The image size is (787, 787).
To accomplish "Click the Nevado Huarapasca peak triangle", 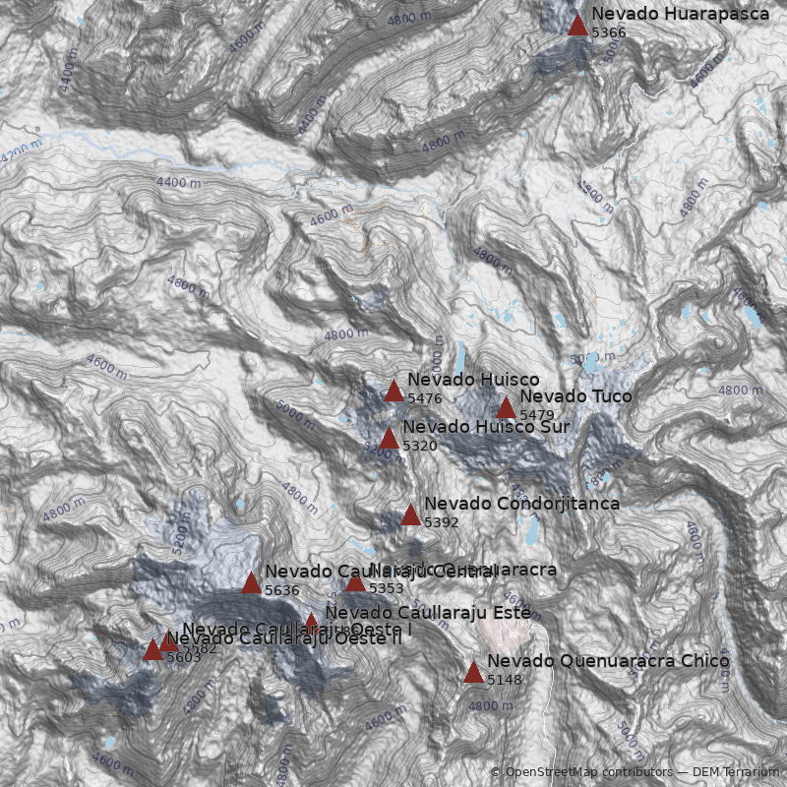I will tap(578, 24).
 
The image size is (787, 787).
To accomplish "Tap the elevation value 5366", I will tap(608, 32).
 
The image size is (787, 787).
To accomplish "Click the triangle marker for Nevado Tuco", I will tap(507, 407).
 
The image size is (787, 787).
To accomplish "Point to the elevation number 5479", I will tap(537, 415).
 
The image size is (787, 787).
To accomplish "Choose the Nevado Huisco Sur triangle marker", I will tap(390, 438).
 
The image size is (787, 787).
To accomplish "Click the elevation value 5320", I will tap(420, 446).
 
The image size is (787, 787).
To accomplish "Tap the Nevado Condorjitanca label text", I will tap(521, 504).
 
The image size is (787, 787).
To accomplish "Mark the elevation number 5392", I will tap(441, 522).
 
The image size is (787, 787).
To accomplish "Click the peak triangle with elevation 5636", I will tap(252, 582).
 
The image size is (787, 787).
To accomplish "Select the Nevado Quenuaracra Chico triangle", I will tap(474, 672).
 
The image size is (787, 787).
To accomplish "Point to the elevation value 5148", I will tap(504, 680).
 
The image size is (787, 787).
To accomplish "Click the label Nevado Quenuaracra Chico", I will tap(608, 661).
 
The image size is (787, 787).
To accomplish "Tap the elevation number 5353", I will tap(386, 588).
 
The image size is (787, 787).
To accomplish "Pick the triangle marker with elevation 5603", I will tap(153, 649).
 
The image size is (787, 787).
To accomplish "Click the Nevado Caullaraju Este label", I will tap(428, 612).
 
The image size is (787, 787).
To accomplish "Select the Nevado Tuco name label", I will tap(575, 396).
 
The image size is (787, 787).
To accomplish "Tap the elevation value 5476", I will tap(424, 398).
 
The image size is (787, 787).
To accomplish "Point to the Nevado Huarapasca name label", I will tap(680, 15).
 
